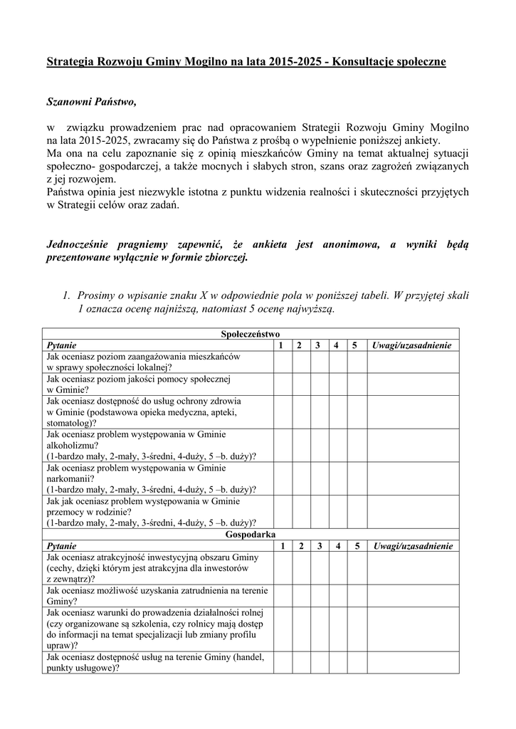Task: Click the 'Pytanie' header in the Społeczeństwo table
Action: point(61,345)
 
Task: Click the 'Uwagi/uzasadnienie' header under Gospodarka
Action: point(413,546)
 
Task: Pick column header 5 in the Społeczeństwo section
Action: point(354,345)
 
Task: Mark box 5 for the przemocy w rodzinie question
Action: point(354,511)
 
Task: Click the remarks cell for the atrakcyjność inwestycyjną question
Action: point(413,568)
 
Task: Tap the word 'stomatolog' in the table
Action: point(69,422)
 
